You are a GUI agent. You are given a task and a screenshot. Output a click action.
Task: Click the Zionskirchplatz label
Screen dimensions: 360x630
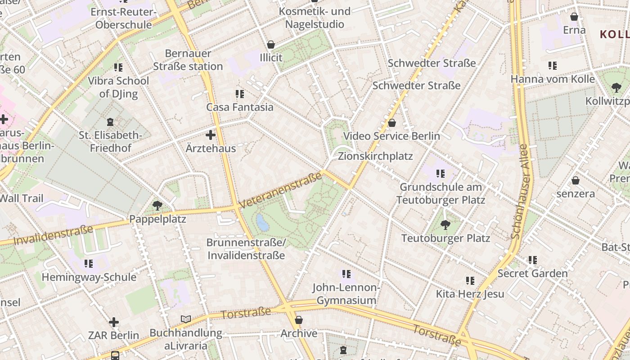(x=375, y=156)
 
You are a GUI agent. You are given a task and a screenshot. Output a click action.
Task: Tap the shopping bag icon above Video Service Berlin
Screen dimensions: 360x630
(x=392, y=123)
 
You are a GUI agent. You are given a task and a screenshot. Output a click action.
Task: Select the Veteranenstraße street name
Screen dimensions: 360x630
(x=281, y=190)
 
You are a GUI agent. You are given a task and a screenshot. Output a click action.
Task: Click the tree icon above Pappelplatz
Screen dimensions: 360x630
(x=157, y=206)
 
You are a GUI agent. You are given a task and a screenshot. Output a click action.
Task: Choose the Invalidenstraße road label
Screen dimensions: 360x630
(x=53, y=235)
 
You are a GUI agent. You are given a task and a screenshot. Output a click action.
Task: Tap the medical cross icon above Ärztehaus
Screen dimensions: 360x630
(x=210, y=135)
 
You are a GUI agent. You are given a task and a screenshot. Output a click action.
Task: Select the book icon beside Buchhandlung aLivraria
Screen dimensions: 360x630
(x=186, y=319)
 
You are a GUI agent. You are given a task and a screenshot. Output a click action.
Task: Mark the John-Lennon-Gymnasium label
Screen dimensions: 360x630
(x=346, y=294)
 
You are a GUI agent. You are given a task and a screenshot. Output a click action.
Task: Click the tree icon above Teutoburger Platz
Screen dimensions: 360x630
(x=445, y=225)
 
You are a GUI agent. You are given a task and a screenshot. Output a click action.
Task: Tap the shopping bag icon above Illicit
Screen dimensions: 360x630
(x=271, y=45)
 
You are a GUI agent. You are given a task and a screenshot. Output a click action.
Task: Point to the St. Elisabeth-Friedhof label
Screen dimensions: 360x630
(x=110, y=141)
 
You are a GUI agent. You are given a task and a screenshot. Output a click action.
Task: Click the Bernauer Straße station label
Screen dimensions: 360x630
(x=188, y=60)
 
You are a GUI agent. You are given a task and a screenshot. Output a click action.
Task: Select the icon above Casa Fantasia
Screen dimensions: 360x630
(x=240, y=94)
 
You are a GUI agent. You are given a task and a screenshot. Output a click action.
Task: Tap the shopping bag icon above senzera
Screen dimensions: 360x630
(x=575, y=180)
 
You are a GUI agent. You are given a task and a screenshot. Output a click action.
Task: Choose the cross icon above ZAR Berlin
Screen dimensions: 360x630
(x=114, y=322)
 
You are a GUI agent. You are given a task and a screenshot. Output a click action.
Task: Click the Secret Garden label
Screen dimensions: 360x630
(x=532, y=273)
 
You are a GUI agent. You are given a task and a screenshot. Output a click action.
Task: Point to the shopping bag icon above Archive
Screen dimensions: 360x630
(x=299, y=320)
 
